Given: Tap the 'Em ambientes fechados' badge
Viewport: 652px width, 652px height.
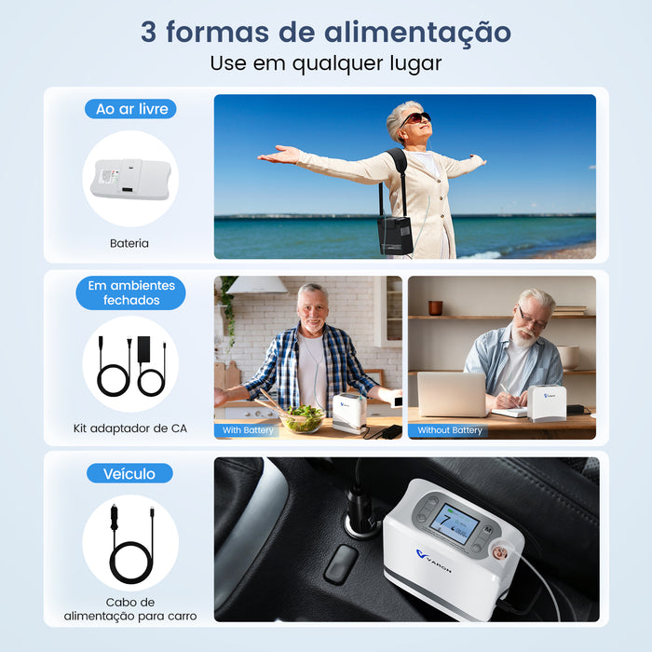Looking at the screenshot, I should click(x=130, y=292).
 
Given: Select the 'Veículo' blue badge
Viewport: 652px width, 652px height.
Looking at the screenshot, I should click(x=129, y=473).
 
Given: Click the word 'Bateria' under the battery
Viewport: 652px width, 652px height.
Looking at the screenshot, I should click(x=129, y=244).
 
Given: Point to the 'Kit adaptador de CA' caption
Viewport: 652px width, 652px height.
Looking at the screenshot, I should click(x=130, y=428).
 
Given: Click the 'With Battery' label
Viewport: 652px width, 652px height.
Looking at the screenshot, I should click(x=249, y=430).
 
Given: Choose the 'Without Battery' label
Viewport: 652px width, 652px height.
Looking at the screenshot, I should click(x=450, y=430).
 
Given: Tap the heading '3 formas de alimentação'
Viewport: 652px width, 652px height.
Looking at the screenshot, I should click(x=326, y=31).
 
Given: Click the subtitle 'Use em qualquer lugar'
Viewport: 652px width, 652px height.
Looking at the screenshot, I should click(x=326, y=64).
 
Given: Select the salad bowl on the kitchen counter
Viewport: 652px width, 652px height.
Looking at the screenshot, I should click(x=304, y=418).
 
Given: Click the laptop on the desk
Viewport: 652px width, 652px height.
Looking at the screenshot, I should click(x=452, y=394).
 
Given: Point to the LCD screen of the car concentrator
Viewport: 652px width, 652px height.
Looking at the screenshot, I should click(x=454, y=523).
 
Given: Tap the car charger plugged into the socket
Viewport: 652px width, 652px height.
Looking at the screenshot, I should click(x=360, y=512).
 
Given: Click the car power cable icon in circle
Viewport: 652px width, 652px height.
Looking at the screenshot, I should click(x=130, y=542).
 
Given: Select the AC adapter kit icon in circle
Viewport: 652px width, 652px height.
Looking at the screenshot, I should click(x=130, y=363).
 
